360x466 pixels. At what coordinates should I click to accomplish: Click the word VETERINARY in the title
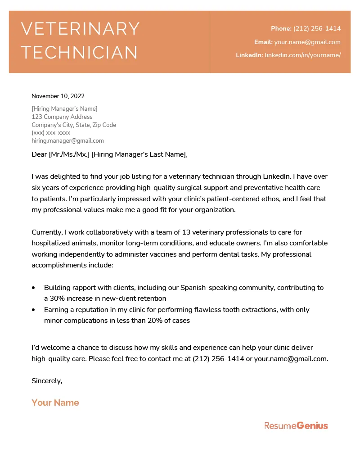(x=81, y=29)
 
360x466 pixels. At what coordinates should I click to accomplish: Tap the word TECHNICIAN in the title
(x=80, y=53)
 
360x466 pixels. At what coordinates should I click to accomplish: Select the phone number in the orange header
(x=317, y=28)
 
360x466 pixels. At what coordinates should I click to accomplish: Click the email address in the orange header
(x=307, y=42)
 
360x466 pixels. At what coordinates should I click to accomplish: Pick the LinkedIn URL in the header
(x=302, y=55)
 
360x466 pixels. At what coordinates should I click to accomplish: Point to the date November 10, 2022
(x=58, y=96)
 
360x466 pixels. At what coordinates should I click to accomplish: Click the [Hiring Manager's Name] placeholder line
(x=64, y=109)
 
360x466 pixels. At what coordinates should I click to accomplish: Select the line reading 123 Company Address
(x=62, y=117)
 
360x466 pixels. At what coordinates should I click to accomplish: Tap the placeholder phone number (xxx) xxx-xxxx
(x=51, y=133)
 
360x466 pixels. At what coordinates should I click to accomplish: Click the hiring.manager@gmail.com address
(x=67, y=141)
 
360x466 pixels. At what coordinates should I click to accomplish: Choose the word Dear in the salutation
(x=39, y=154)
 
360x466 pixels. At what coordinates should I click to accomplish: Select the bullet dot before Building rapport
(x=34, y=288)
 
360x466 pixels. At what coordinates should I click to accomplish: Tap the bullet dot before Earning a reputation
(x=34, y=310)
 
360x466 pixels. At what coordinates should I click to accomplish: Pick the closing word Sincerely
(x=47, y=381)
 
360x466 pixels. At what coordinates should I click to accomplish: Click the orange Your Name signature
(x=55, y=403)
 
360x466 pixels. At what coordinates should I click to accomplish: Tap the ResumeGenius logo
(x=296, y=425)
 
